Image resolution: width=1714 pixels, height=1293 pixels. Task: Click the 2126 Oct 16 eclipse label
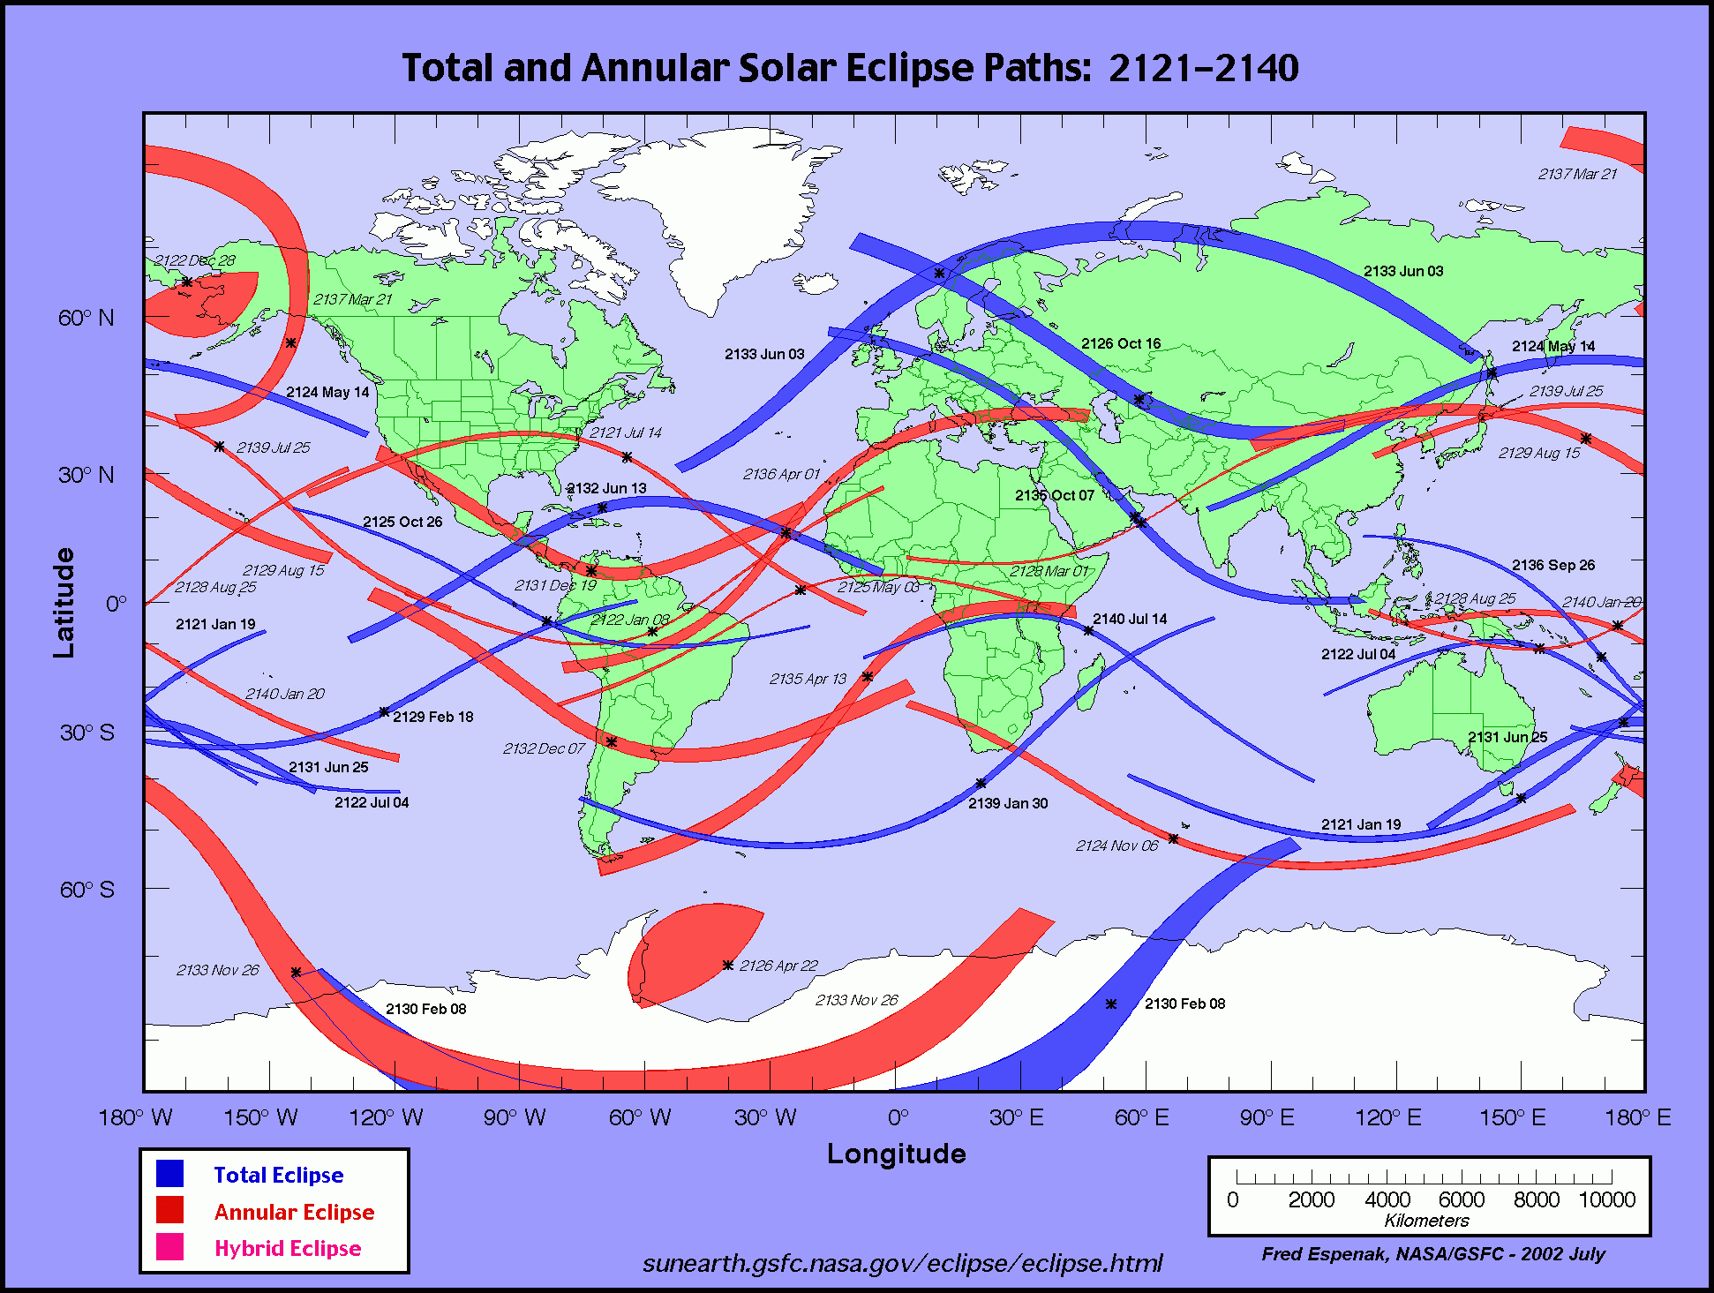tap(1121, 344)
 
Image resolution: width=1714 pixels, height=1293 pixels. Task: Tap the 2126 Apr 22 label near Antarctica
tap(778, 966)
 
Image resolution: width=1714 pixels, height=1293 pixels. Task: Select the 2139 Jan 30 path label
tap(1008, 803)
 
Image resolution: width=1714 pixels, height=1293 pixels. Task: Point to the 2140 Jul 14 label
tap(1130, 620)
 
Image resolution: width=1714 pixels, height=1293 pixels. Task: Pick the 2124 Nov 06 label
tap(1116, 846)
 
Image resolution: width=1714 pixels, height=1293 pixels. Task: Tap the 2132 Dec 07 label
tap(544, 748)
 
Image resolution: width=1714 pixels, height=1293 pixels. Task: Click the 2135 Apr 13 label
tap(808, 679)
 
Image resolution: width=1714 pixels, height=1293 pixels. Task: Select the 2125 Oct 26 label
tap(402, 522)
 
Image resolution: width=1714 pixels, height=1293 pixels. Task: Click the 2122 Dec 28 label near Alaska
tap(195, 260)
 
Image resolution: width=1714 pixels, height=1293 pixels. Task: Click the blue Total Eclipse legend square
tap(170, 1174)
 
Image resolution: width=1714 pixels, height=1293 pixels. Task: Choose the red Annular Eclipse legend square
tap(170, 1210)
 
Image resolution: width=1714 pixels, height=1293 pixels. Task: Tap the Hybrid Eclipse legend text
tap(288, 1248)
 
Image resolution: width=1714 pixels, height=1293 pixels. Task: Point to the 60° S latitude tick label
tap(86, 889)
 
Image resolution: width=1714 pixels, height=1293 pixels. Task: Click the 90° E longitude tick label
tap(1267, 1118)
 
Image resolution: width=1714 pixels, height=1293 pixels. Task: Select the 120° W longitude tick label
tap(386, 1118)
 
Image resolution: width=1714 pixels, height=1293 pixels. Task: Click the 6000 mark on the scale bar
tap(1462, 1200)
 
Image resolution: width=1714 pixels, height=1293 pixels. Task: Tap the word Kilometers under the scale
tap(1426, 1221)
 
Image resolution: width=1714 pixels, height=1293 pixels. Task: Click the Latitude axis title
tap(64, 603)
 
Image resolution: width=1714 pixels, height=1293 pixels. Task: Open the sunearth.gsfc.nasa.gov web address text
tap(902, 1263)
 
